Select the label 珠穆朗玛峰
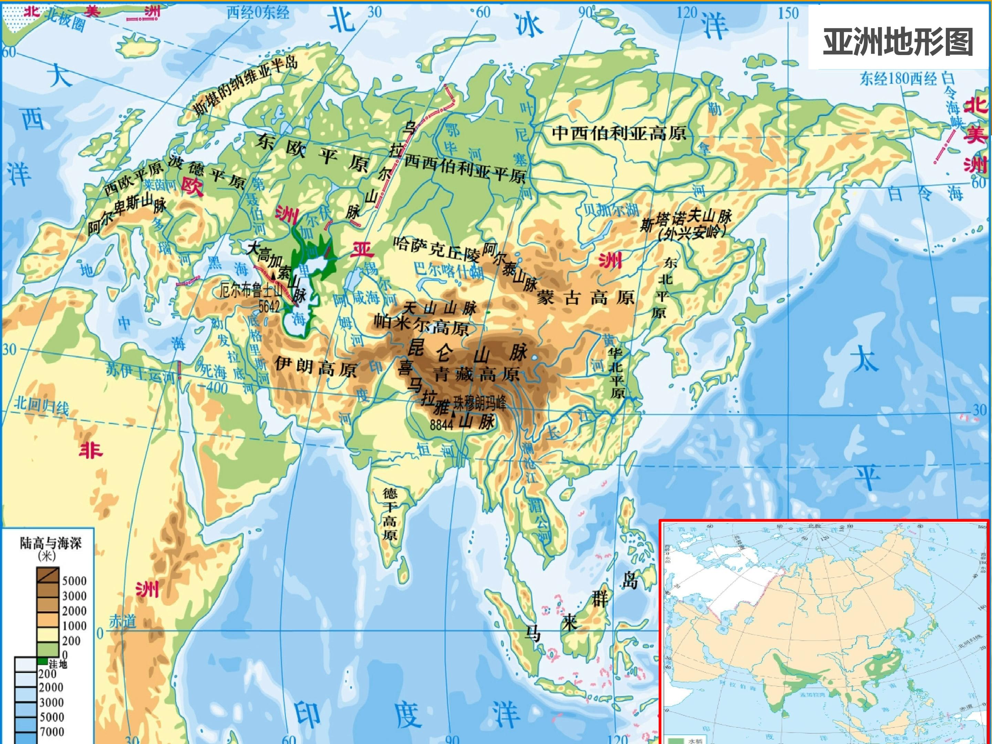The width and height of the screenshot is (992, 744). point(479,404)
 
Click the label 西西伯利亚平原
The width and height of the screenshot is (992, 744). point(465,169)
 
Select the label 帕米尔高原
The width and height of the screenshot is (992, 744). point(422,325)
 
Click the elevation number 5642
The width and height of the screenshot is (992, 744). point(269,307)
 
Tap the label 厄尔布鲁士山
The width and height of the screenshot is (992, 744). point(251,291)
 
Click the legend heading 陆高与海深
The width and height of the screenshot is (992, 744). point(51,544)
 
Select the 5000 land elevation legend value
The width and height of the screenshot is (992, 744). point(74,581)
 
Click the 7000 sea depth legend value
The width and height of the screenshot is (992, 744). point(52,732)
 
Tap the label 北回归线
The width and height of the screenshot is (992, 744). point(41,405)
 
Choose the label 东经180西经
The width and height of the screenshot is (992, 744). point(898,79)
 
